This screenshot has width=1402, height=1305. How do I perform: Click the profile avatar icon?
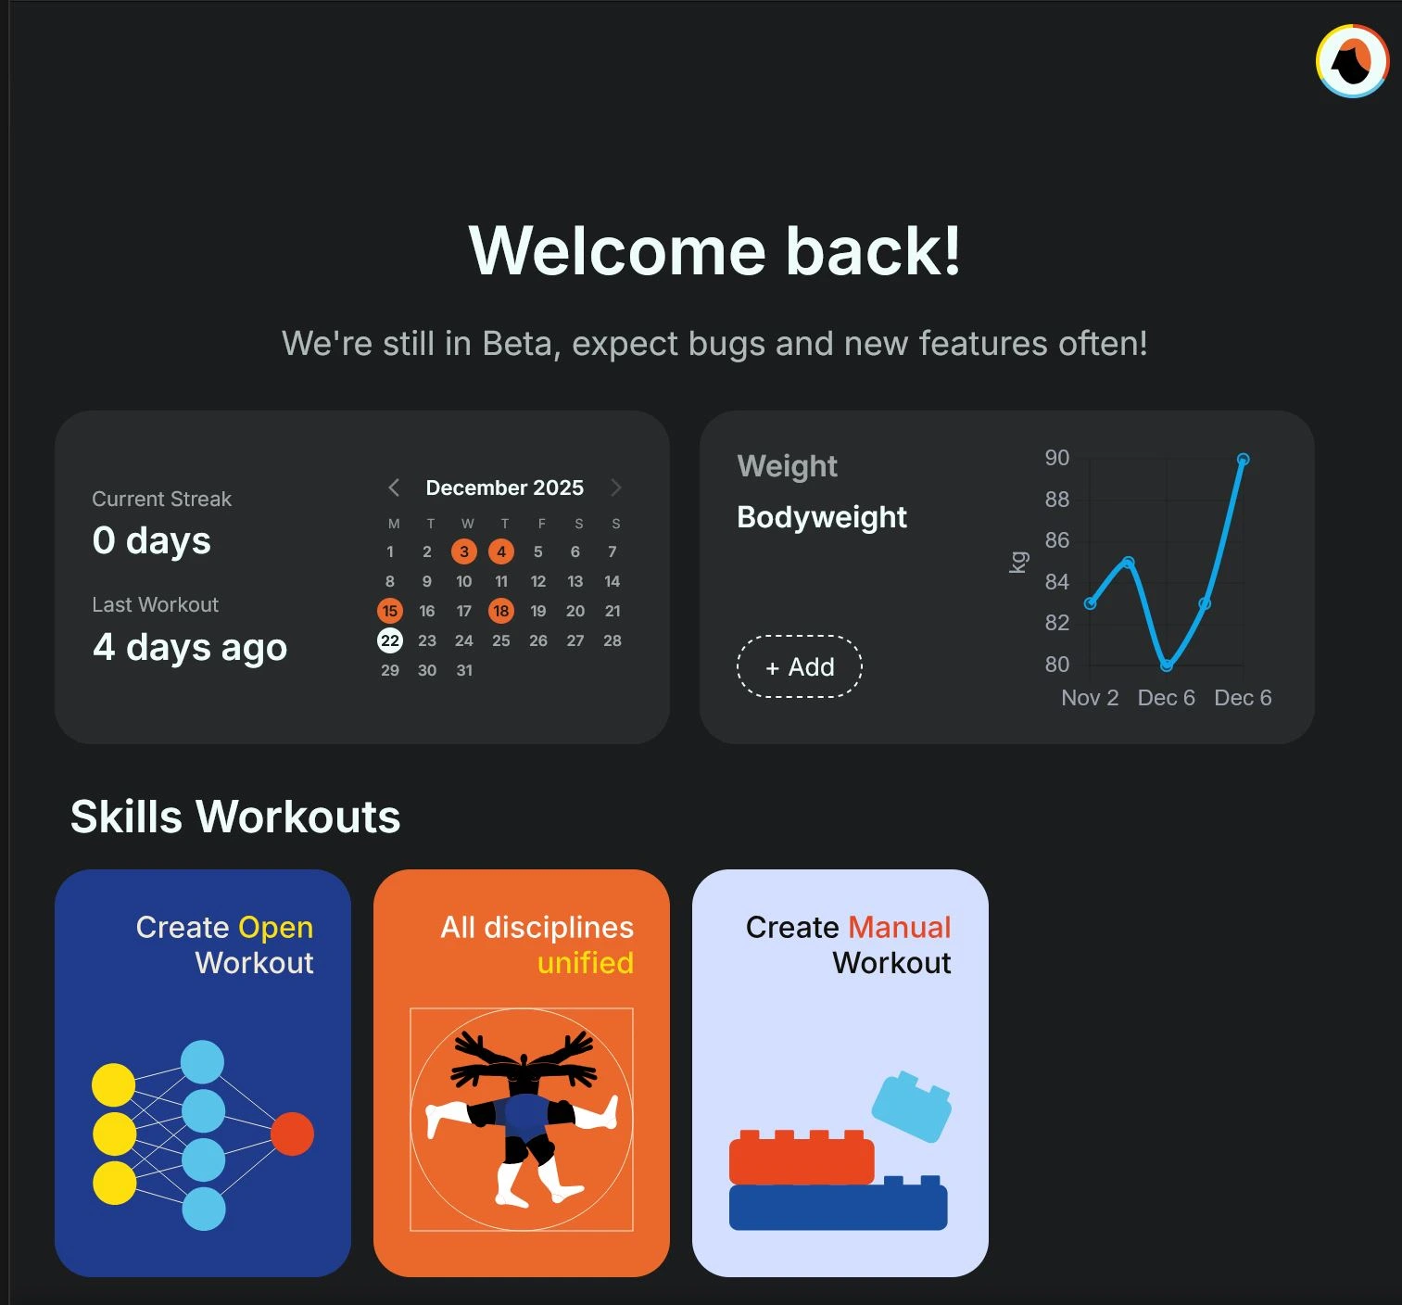point(1352,61)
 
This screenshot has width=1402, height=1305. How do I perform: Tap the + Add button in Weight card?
point(800,666)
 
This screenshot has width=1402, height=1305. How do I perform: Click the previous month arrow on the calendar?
point(394,488)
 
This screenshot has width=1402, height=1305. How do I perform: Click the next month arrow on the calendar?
point(616,488)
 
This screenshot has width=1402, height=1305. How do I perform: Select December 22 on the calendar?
point(390,640)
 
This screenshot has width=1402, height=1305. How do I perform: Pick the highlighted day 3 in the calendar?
point(464,551)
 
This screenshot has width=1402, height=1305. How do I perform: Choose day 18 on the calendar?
point(501,611)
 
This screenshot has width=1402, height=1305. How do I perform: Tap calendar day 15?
point(390,611)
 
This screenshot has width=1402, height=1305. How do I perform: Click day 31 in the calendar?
point(464,670)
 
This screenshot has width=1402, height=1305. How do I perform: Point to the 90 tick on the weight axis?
point(1057,458)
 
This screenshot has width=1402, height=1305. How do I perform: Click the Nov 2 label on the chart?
point(1090,698)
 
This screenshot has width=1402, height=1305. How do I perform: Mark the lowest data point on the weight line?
point(1167,665)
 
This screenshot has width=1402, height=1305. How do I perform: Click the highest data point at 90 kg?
point(1244,459)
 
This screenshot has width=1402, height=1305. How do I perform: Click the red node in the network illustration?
point(292,1134)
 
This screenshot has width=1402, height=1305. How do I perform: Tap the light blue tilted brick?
point(912,1107)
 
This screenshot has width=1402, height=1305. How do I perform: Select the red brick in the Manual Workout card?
point(802,1159)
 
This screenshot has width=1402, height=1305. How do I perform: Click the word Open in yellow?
point(275,927)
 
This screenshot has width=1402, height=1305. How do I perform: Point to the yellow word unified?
point(586,963)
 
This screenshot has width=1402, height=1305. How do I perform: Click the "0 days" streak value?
point(152,540)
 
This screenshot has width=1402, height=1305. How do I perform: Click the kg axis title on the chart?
point(1018,562)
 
